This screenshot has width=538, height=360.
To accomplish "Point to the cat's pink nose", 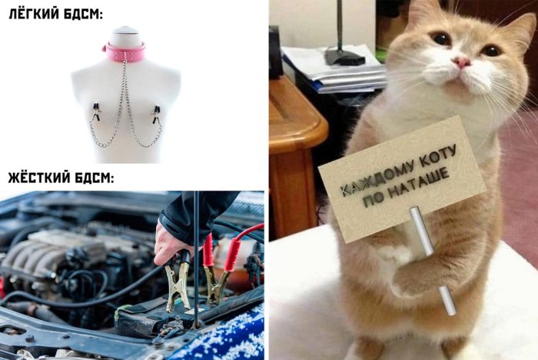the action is click(x=461, y=62).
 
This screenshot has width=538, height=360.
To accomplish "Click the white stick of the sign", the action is click(x=433, y=260).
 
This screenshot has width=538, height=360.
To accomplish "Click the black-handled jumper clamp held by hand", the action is click(x=178, y=281).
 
